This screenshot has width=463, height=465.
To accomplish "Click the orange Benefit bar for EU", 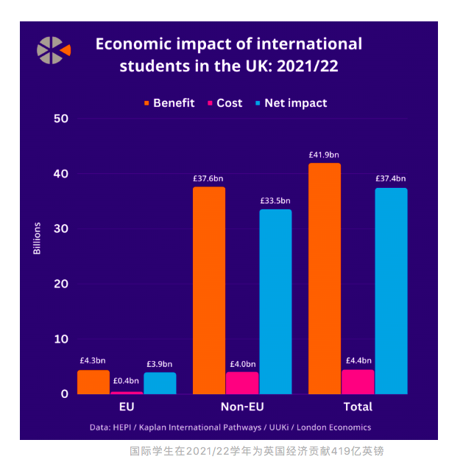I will pos(93,382).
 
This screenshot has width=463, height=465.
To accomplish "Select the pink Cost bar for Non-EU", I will pos(242,382).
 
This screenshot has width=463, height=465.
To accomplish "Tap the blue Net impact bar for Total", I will pos(391,290).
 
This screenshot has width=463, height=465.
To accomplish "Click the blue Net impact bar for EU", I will pos(160,382).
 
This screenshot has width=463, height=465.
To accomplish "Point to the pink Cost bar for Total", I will pos(358,381).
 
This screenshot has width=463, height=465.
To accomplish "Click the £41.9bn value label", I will pos(324,155).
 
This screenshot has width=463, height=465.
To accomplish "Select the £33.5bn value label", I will pos(275,200).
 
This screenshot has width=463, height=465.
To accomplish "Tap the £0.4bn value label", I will pos(126,381).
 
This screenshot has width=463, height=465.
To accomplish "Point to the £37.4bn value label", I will pos(390,178).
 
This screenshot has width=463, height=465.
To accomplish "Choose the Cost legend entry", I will pos(224,103).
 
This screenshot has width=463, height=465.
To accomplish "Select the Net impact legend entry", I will pos(289,103).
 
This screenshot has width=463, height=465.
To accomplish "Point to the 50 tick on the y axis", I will pos(61,119).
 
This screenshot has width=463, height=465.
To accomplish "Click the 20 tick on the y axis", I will pos(61,284).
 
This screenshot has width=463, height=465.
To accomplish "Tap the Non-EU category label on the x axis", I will pos(242,407).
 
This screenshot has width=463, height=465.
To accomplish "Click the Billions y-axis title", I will pos(38,238).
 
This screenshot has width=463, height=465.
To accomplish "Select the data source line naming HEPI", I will pos(230,427).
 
